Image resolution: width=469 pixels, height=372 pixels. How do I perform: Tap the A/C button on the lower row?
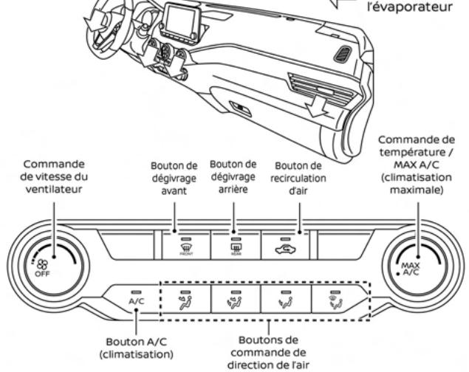click(x=136, y=299)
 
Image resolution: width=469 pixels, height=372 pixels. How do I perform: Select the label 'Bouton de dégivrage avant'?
click(x=175, y=176)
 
